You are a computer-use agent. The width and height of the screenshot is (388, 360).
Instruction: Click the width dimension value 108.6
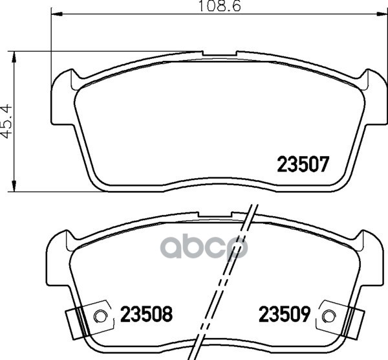point(219,6)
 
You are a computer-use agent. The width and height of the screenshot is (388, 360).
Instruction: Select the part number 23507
point(303,164)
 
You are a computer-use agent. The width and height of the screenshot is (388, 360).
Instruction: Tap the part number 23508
point(146,314)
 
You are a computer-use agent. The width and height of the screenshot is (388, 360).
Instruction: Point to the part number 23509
point(285,314)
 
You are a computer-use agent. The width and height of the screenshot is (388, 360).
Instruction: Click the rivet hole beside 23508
point(100,316)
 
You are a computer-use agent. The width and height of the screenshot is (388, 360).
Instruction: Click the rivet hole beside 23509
point(329,316)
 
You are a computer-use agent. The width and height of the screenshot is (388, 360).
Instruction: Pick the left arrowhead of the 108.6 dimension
point(56,14)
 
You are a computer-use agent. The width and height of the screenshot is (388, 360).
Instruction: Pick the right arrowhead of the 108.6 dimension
point(382,14)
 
